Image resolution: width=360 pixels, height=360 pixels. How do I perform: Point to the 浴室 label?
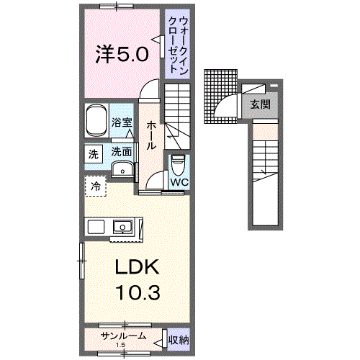coord(122,123)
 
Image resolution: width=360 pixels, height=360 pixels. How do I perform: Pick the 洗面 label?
coord(122,152)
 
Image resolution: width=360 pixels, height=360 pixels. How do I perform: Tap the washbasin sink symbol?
coord(123,170)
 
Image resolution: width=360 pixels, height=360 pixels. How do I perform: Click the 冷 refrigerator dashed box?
coord(96,186)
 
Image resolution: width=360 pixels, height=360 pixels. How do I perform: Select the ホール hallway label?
coord(152,135)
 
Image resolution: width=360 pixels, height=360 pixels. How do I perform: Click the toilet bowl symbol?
coord(179,165)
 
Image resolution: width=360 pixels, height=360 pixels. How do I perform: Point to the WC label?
coord(179,182)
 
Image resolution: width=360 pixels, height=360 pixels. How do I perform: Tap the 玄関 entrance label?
coord(260,104)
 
